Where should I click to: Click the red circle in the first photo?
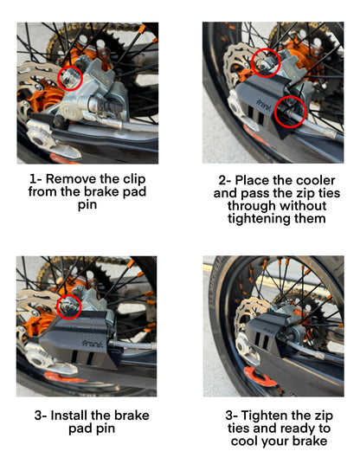point(69,79)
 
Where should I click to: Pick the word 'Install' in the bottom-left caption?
point(76,415)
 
